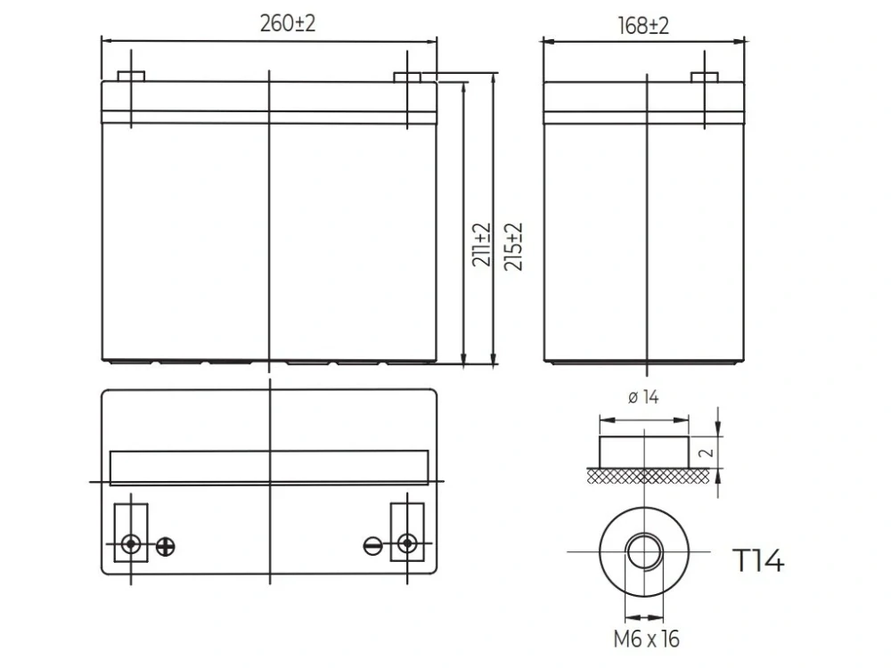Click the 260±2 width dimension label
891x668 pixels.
tap(288, 23)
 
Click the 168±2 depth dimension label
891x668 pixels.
tap(643, 26)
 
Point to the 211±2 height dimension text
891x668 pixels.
tap(481, 245)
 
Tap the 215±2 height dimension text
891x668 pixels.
tap(513, 247)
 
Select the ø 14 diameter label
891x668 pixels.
tap(643, 397)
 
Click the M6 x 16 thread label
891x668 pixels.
tap(646, 639)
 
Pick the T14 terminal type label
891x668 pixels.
tap(759, 560)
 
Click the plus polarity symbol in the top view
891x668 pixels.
tap(166, 547)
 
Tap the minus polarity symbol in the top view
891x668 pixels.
tap(372, 546)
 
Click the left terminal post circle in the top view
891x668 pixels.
tap(131, 544)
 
